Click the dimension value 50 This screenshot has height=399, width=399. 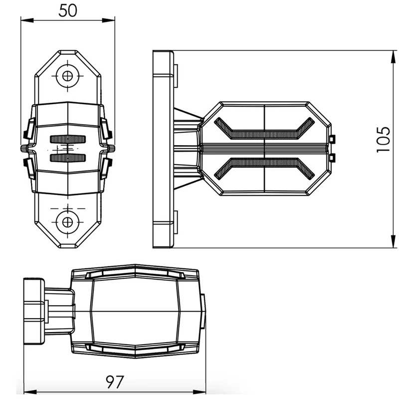coord(67,11)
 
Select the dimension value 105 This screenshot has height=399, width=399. coord(383,140)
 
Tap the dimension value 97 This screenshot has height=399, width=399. coord(115,382)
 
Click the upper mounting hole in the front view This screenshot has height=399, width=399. coord(67,76)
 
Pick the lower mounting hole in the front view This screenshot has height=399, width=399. coord(67,222)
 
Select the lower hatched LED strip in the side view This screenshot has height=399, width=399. coord(265,168)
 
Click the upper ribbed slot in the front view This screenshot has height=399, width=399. coord(68,139)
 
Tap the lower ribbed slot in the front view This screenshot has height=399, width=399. coord(68,158)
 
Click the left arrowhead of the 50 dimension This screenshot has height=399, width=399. coord(27,20)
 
